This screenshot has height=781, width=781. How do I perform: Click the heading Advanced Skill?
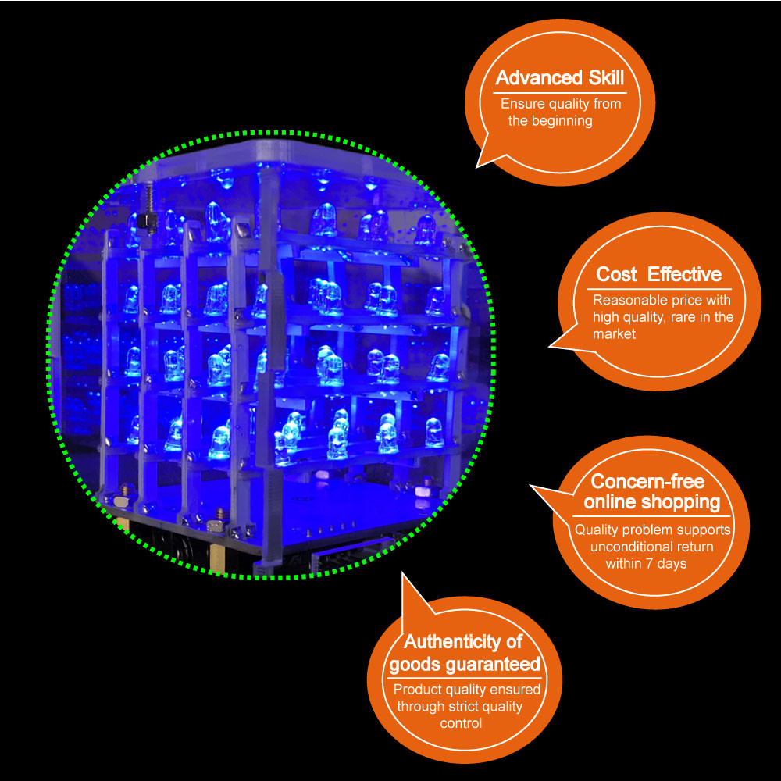point(560,78)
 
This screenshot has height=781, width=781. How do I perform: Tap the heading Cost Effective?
point(658,274)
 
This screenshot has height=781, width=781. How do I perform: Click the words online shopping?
point(651,501)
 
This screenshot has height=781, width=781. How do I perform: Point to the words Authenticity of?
point(462,642)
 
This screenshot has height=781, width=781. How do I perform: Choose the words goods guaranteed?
point(465,665)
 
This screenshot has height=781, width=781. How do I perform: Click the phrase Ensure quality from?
point(561,104)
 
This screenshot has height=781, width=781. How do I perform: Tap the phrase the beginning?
point(550,121)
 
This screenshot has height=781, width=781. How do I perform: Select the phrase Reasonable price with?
point(661,300)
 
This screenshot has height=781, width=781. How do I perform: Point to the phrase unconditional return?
point(654,547)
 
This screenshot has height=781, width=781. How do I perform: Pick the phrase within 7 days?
point(646,564)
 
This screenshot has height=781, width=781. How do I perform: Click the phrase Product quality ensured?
point(466,690)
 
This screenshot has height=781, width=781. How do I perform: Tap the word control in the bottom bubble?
point(461,724)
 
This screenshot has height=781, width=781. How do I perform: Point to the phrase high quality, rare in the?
point(662,317)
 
